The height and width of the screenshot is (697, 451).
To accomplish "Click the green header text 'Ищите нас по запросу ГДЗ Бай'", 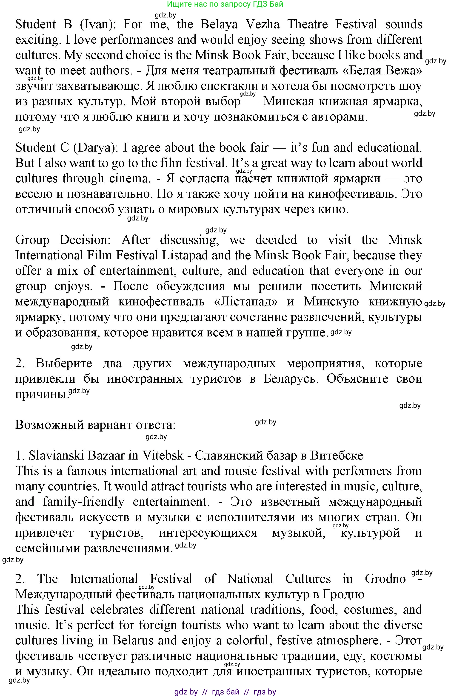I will coord(225,4).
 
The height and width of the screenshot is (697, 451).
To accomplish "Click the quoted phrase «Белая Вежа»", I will coord(384,71).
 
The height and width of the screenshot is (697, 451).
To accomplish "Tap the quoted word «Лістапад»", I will coord(245,301).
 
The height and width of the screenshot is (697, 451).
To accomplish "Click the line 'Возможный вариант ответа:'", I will coord(95,425).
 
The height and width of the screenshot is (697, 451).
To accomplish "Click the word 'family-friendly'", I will coord(83,502).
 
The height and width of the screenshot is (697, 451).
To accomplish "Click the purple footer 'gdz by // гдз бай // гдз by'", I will coord(225,692).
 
